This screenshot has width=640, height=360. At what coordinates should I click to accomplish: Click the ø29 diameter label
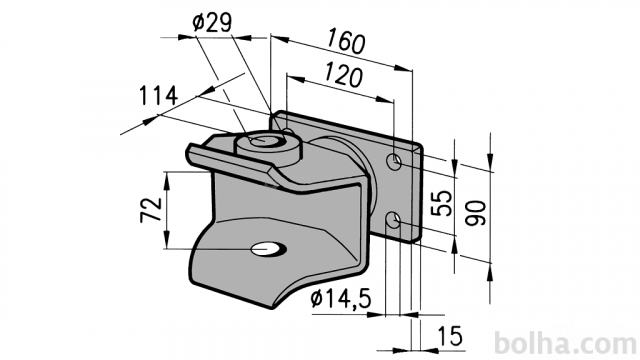pos(212,23)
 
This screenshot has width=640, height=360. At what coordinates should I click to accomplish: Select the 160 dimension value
pos(346,40)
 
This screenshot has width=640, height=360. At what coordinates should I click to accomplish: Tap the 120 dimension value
pos(343,75)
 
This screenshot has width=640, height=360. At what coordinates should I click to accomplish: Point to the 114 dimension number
pos(158,96)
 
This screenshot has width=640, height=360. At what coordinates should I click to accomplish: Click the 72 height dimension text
pos(151,210)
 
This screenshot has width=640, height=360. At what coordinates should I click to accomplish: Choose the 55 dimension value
pos(442,203)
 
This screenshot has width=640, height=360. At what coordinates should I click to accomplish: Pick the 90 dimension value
pos(476,213)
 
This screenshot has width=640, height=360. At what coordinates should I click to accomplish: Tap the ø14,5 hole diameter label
pos(341,299)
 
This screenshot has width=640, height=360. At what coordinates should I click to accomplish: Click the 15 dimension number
pos(450,336)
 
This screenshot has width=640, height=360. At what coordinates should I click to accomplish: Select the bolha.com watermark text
pos(566,343)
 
